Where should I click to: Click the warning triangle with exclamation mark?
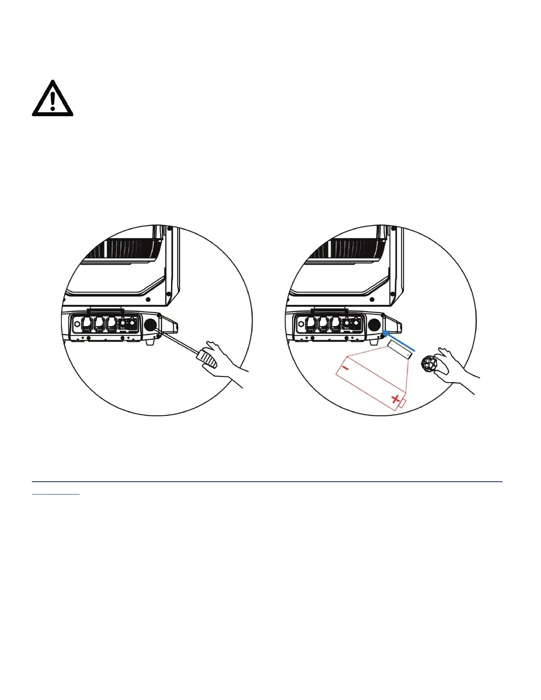click(53, 99)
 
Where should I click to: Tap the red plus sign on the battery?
click(395, 400)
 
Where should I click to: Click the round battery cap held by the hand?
click(429, 365)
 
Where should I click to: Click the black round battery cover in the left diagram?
click(151, 325)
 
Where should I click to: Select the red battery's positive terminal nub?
click(402, 403)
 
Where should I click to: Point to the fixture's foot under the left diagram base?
click(150, 342)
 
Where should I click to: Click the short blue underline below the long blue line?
click(56, 494)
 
